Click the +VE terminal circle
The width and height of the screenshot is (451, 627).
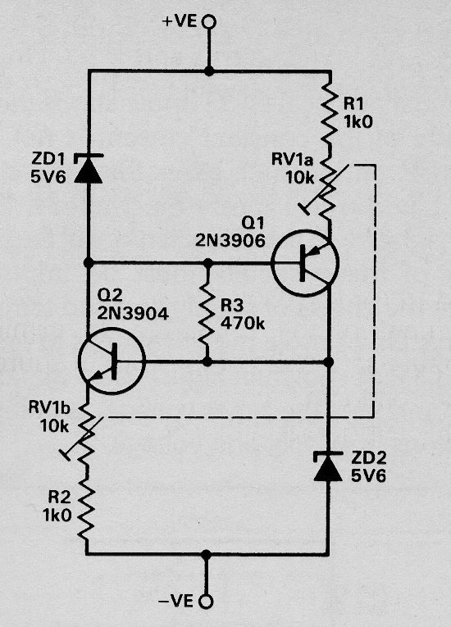tap(208, 21)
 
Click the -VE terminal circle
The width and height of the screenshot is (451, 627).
tap(207, 602)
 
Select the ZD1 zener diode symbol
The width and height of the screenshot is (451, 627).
tap(89, 169)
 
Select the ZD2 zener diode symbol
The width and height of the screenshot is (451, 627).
tap(328, 466)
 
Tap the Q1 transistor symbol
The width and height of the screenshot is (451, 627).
tap(305, 263)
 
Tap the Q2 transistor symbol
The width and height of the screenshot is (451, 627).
tap(112, 361)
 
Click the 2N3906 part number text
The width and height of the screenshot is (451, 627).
tap(230, 240)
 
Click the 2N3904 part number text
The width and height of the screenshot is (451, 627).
tap(133, 313)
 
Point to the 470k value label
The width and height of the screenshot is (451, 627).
tap(243, 323)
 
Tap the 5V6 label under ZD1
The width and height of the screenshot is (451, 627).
tap(48, 177)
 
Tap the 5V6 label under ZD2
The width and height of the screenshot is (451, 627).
tap(368, 475)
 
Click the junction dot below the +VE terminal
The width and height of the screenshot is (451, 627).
tap(208, 71)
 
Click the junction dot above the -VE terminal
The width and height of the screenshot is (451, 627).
tap(206, 555)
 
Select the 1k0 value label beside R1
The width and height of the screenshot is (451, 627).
tap(358, 121)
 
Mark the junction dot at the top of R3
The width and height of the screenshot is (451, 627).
tap(208, 263)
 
